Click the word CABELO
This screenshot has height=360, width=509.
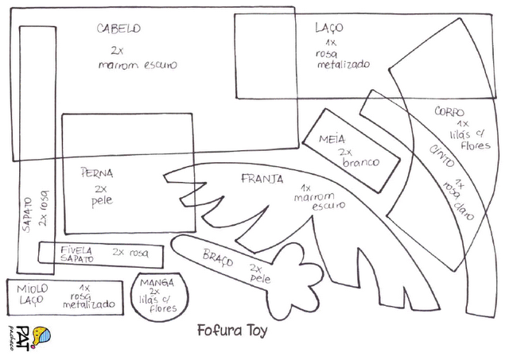coord(119,29)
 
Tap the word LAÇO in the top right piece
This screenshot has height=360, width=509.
coord(328,29)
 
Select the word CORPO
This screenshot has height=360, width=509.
coord(449,112)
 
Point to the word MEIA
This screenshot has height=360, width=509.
coord(332,139)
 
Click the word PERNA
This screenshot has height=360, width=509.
coord(97,172)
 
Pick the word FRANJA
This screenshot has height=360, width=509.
coord(262,179)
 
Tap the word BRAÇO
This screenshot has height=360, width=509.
coord(216,257)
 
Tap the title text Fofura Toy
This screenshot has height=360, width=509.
coord(231,328)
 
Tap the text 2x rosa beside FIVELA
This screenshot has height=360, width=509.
coord(130,251)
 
